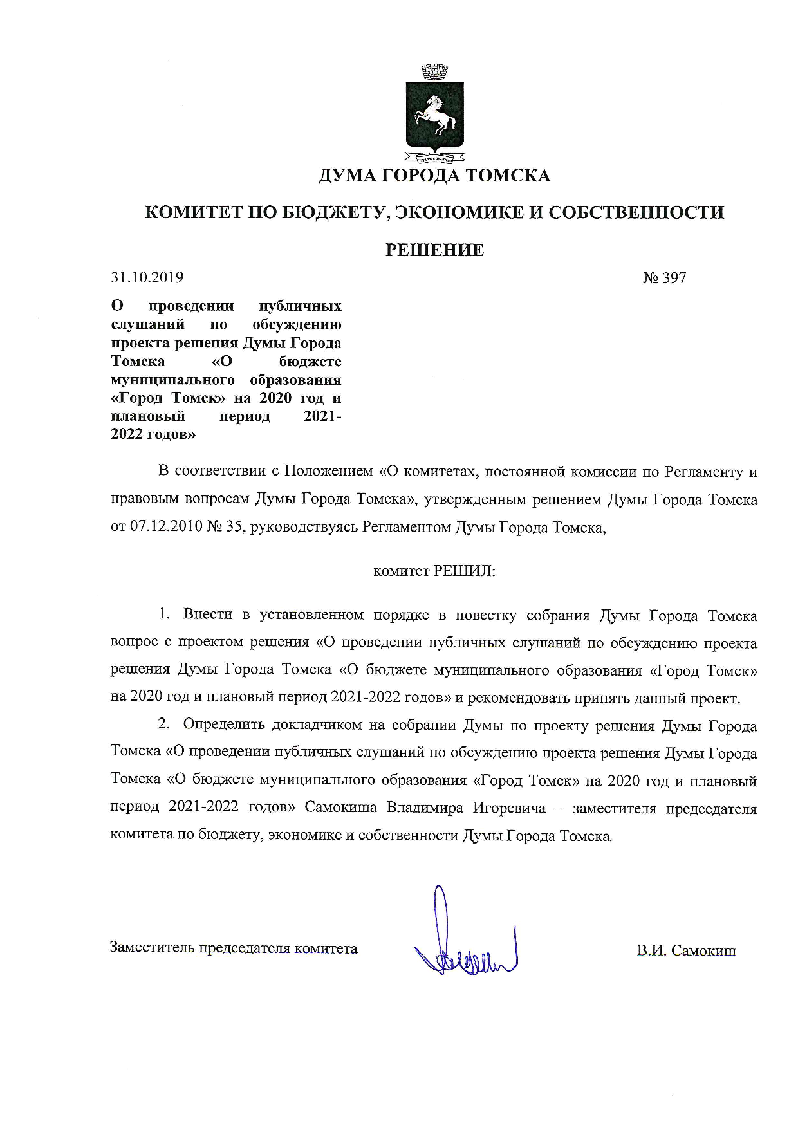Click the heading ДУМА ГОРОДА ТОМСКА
tap(434, 176)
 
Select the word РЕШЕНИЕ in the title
tap(434, 250)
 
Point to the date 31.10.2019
tap(147, 277)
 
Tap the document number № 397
tap(664, 278)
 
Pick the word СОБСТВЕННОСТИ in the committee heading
tap(636, 213)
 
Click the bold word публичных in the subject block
tap(300, 306)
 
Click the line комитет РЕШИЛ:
tap(434, 571)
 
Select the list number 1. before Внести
tap(165, 615)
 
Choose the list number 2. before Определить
tap(165, 725)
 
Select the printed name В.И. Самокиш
tap(686, 951)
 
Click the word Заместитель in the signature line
tap(152, 948)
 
